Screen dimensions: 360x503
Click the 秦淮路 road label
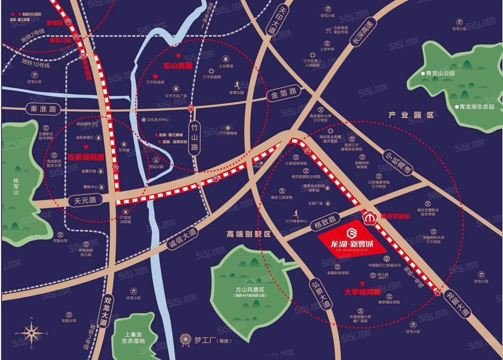click(x=44, y=109)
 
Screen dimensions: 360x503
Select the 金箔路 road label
click(x=284, y=93)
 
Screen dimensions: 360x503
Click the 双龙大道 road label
click(x=105, y=311)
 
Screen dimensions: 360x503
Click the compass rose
click(x=31, y=333)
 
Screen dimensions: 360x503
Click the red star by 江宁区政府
click(x=156, y=76)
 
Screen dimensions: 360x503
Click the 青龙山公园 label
click(x=438, y=73)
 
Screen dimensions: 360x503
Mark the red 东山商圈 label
click(x=178, y=65)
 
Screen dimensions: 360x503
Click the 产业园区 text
click(x=411, y=115)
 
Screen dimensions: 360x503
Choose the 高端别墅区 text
click(x=249, y=234)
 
